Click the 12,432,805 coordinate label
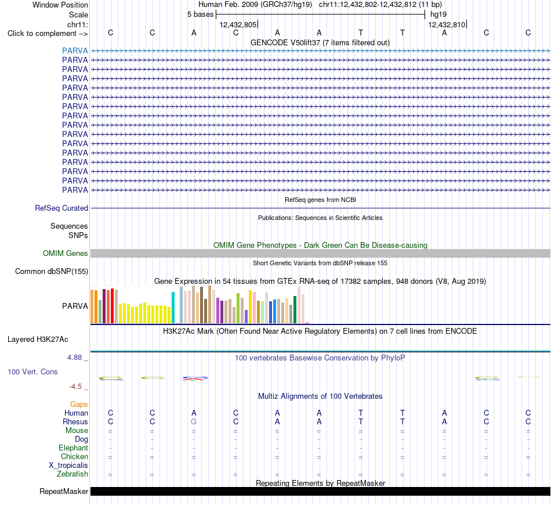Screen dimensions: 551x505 coord(238,24)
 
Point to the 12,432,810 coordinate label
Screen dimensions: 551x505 coord(447,24)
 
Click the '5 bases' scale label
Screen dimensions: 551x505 coord(200,15)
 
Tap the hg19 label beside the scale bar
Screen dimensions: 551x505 coord(438,15)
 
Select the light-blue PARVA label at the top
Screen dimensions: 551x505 coord(75,50)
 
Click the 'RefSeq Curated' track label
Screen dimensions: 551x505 coord(61,208)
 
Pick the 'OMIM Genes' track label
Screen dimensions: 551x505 coord(66,253)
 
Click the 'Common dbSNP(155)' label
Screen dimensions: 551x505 coord(52,272)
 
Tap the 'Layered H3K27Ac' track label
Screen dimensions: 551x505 coord(38,340)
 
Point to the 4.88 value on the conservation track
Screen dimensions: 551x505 coord(74,358)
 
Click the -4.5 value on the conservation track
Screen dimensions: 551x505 coord(75,387)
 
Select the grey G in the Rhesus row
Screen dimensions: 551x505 coord(194,421)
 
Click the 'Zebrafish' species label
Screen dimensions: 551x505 coord(72,474)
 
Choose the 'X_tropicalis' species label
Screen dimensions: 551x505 coord(68,466)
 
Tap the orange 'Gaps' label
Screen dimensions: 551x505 coord(79,405)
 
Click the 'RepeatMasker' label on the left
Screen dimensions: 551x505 coord(64,491)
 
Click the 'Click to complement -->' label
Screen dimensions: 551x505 coord(48,34)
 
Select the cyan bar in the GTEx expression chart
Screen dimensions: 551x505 coord(173,308)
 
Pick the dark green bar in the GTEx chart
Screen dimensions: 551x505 coord(295,310)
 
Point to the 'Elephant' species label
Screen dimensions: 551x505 coord(74,448)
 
